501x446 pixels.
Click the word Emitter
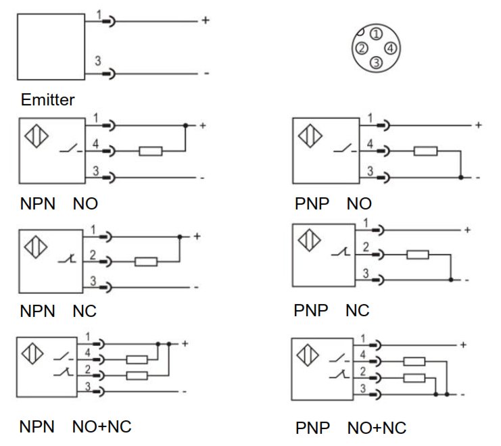tap(47, 99)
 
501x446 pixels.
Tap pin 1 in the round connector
tap(377, 34)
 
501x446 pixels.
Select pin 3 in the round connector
tap(377, 62)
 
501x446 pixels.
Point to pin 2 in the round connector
tap(362, 48)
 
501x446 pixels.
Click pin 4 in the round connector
tap(390, 48)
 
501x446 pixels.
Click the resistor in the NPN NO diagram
tap(151, 151)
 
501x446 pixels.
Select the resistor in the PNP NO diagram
tap(425, 151)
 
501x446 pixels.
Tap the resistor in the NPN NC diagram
tap(146, 262)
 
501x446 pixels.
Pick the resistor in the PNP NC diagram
tap(418, 255)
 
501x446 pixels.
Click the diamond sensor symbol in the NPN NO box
tap(37, 136)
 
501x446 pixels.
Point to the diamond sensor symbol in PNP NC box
tap(309, 240)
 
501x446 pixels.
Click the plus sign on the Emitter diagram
tap(206, 20)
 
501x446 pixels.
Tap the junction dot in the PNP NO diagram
tap(460, 177)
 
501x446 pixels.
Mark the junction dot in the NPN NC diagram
tap(180, 237)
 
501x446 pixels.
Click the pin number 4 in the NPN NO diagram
tap(95, 144)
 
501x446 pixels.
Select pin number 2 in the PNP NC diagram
tap(366, 247)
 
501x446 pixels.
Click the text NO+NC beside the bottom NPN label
tap(102, 427)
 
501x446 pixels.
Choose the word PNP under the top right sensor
tap(312, 203)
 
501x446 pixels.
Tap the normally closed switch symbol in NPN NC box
tap(68, 259)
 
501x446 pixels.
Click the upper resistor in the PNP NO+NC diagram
tap(414, 362)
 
